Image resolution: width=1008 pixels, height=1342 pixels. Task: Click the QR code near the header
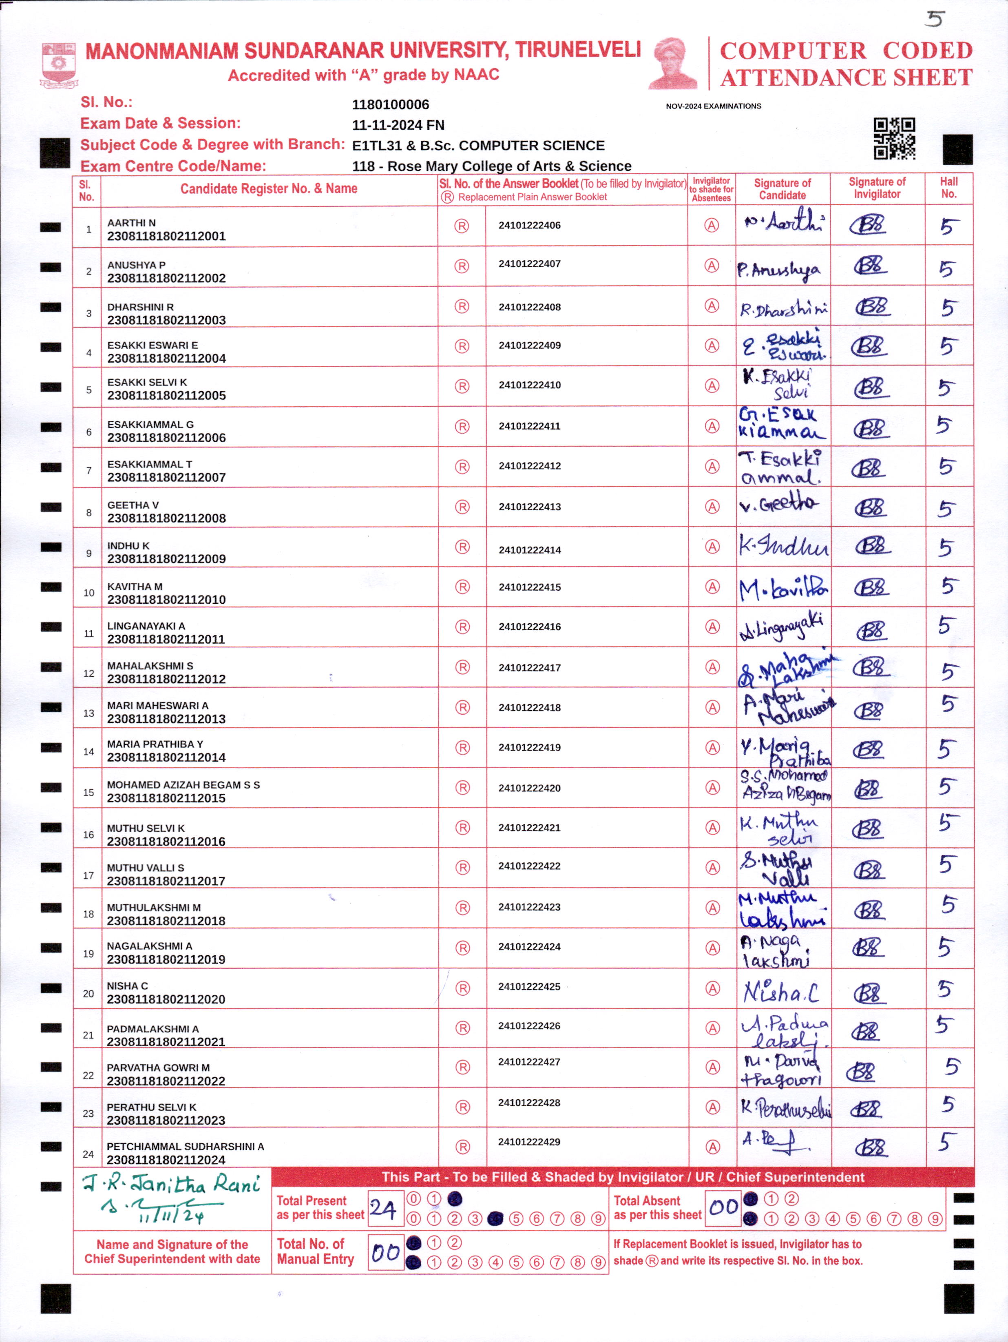click(x=894, y=138)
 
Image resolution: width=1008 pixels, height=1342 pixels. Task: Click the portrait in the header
click(x=674, y=64)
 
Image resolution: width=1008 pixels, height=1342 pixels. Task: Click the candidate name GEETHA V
click(x=133, y=505)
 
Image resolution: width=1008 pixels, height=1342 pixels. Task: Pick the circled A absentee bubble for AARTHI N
click(x=712, y=225)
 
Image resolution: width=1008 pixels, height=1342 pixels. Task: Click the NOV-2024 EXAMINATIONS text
click(x=713, y=106)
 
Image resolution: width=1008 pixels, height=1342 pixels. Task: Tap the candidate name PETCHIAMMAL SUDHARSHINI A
click(x=185, y=1147)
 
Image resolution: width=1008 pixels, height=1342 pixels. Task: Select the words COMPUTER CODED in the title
click(x=846, y=51)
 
